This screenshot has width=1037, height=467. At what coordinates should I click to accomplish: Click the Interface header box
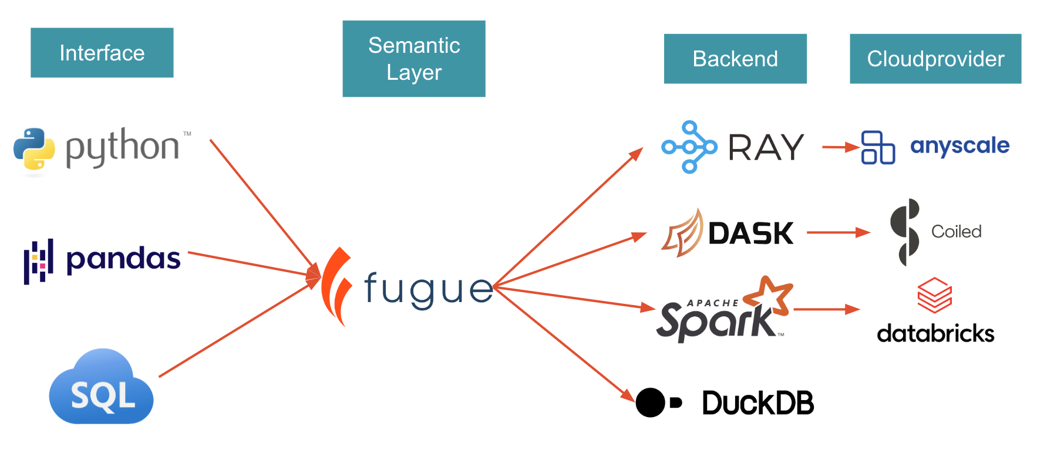(102, 53)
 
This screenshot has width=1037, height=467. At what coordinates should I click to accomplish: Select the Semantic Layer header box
(413, 59)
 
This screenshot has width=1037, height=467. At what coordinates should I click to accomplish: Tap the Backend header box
(735, 59)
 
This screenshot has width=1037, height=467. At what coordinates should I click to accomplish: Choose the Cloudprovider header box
(935, 59)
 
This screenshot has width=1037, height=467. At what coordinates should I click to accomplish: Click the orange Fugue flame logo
(336, 286)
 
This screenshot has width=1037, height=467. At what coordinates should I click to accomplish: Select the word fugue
(429, 289)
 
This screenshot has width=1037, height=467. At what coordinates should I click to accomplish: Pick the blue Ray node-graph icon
(689, 147)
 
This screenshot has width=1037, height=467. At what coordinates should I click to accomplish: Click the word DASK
(750, 233)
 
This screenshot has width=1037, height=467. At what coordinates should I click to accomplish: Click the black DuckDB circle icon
(651, 402)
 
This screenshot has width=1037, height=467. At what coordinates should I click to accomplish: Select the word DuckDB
(757, 403)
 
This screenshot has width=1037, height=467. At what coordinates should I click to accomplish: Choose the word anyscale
(959, 145)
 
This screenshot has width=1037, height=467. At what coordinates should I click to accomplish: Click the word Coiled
(956, 232)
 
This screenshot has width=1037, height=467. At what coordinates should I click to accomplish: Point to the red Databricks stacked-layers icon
(934, 295)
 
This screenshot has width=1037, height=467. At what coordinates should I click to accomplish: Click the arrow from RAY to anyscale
(840, 147)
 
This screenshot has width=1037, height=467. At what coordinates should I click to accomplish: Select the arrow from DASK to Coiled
(838, 232)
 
